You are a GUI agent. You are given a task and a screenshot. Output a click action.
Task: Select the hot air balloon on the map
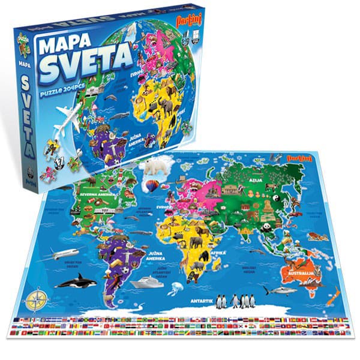154,187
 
